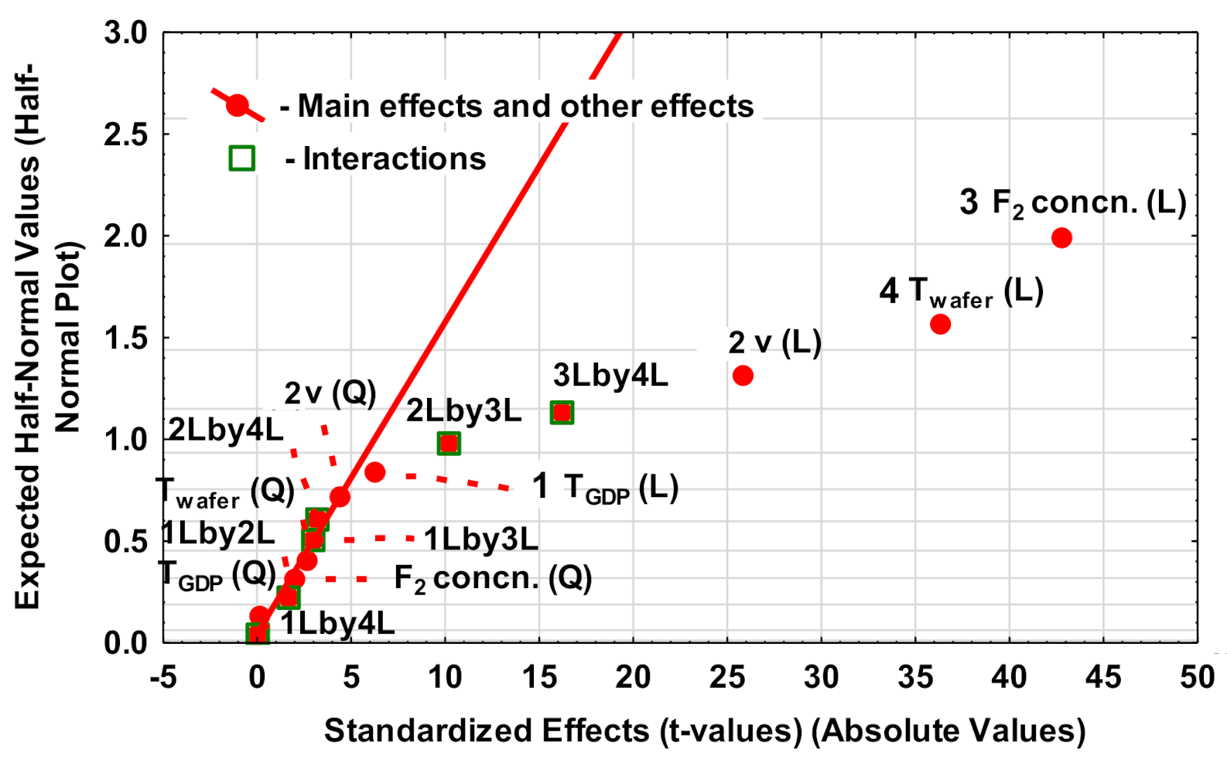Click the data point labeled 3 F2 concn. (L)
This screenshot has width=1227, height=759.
pyautogui.click(x=1061, y=237)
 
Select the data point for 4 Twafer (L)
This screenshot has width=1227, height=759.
pyautogui.click(x=940, y=324)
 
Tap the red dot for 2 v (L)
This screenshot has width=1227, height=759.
pyautogui.click(x=743, y=376)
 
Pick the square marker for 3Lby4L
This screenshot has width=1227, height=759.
pyautogui.click(x=562, y=413)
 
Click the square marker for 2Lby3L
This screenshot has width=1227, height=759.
pyautogui.click(x=449, y=443)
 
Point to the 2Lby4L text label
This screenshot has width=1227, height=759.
pyautogui.click(x=227, y=430)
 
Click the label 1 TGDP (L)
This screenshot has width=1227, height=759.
pyautogui.click(x=605, y=487)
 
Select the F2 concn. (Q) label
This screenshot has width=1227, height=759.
pyautogui.click(x=493, y=578)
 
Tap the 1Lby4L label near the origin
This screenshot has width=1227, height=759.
pyautogui.click(x=338, y=622)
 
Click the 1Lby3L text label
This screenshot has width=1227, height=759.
pyautogui.click(x=480, y=539)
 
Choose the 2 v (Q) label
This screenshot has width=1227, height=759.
pyautogui.click(x=330, y=393)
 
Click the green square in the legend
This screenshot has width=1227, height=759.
pyautogui.click(x=242, y=158)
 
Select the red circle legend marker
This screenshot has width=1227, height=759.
pyautogui.click(x=238, y=106)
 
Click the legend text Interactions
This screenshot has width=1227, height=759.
pyautogui.click(x=394, y=158)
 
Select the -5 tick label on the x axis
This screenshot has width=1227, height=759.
pyautogui.click(x=162, y=678)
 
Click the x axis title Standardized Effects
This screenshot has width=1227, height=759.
pyautogui.click(x=704, y=730)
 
